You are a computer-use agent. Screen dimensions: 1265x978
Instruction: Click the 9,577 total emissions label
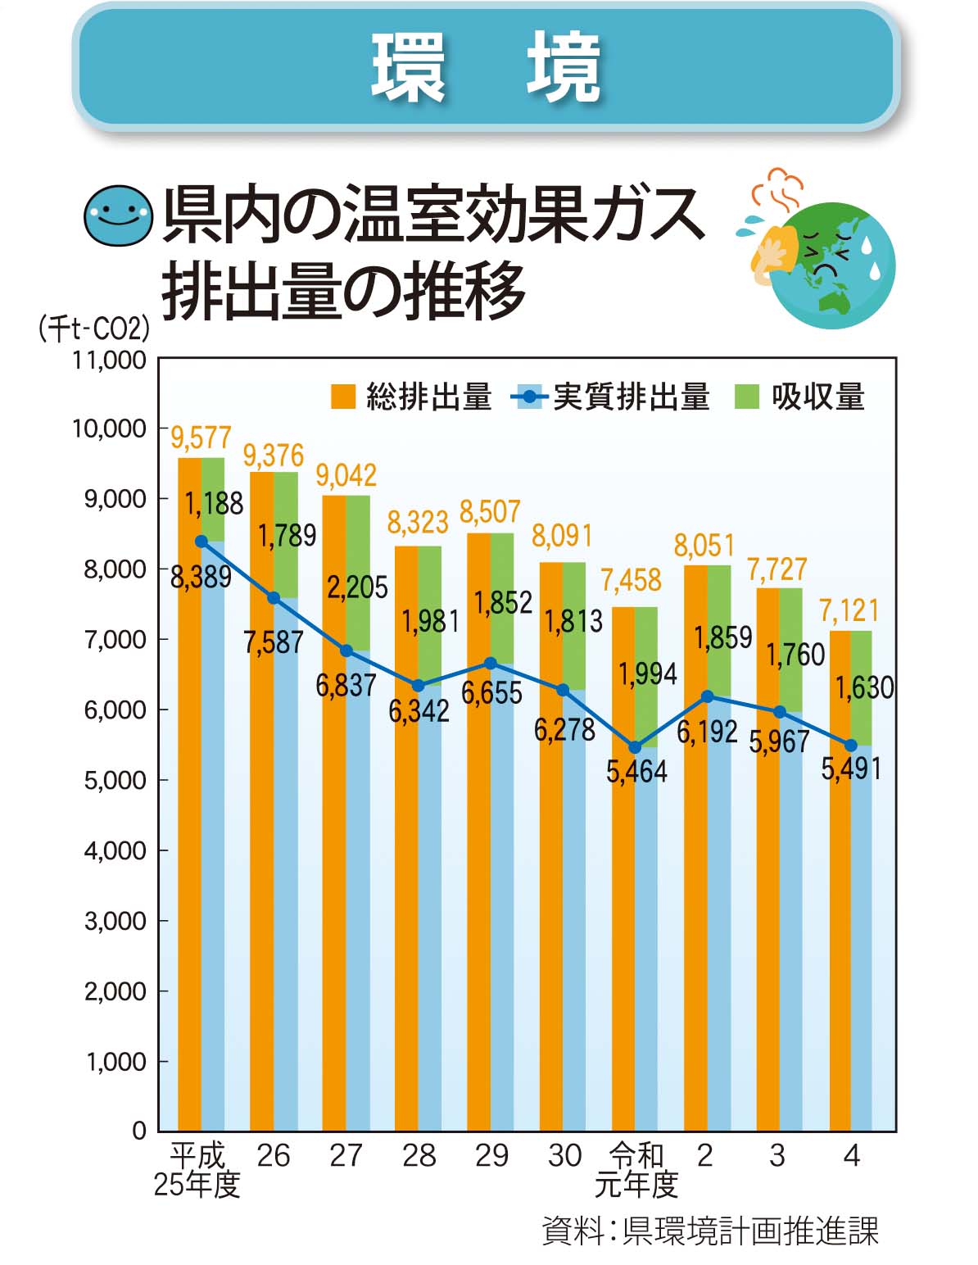[x=201, y=438]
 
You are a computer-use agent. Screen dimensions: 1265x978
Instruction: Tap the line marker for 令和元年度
[x=635, y=747]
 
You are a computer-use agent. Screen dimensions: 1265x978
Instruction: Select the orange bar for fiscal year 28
[x=406, y=836]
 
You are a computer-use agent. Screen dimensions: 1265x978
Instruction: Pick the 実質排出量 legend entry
[x=610, y=397]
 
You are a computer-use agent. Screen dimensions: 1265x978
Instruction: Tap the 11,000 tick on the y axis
[x=110, y=360]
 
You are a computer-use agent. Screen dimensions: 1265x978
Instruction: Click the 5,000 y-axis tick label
[x=115, y=780]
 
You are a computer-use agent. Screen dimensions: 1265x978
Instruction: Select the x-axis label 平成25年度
[x=197, y=1169]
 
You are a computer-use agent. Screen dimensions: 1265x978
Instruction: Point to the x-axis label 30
[x=564, y=1156]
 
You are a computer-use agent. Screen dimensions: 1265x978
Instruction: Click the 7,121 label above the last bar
[x=849, y=610]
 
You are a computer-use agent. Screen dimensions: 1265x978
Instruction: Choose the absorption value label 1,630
[x=864, y=687]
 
